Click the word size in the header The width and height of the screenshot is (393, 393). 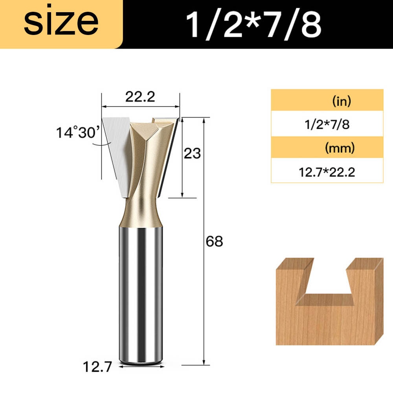pos(61,22)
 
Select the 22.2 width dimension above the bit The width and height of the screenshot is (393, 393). pos(140,97)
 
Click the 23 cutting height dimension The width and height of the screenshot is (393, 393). pos(193,153)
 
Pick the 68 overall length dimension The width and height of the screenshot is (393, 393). pos(214,241)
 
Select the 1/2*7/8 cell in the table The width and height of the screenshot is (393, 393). pos(327,125)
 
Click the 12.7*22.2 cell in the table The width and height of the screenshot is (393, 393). pos(327,172)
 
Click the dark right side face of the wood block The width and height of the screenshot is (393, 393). pos(378,303)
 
